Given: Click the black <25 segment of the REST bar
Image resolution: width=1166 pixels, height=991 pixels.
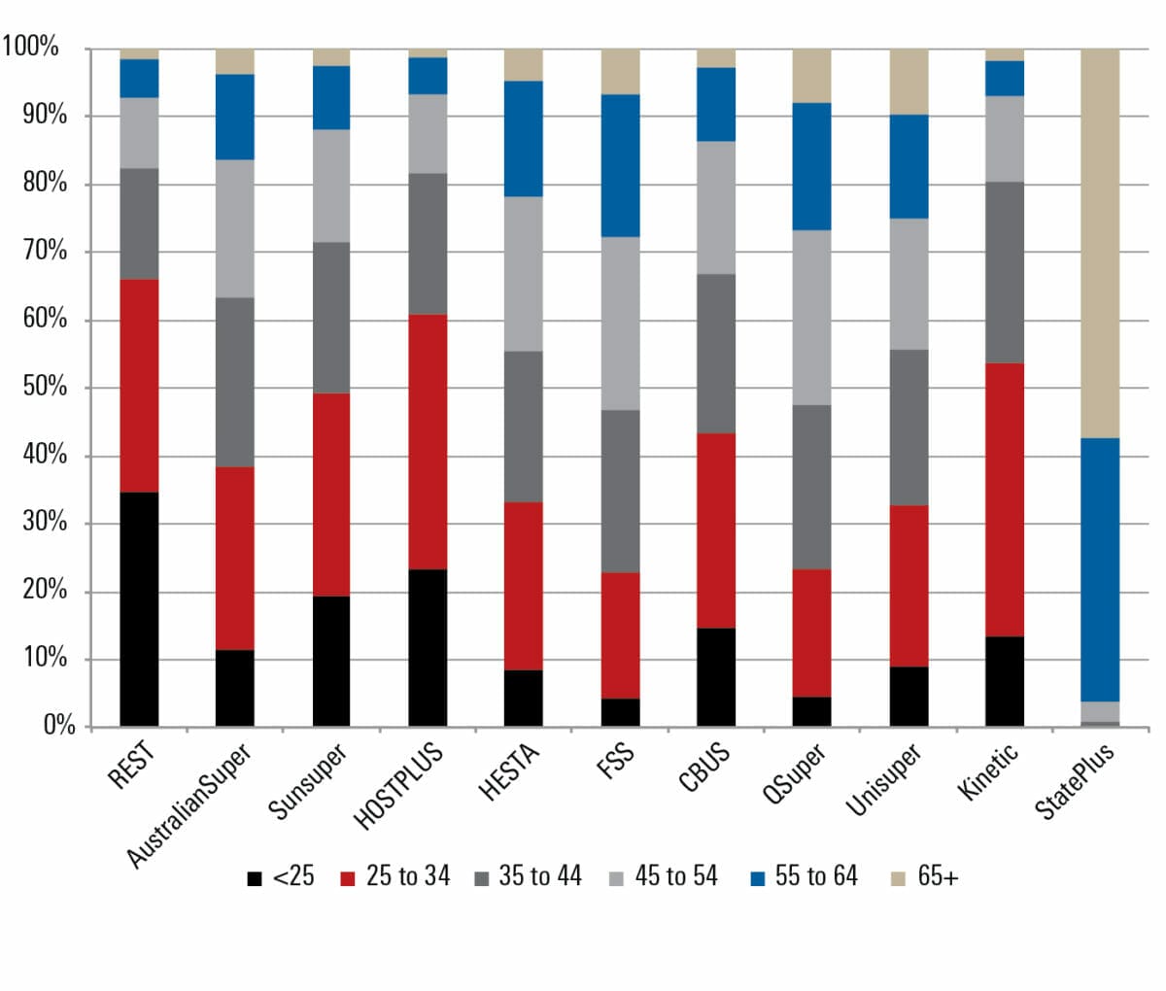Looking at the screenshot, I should coord(139,609).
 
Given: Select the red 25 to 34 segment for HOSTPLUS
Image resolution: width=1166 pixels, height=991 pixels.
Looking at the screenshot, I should coord(428,442).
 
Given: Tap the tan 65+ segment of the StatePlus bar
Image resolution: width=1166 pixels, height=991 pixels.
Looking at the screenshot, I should coord(1100,243).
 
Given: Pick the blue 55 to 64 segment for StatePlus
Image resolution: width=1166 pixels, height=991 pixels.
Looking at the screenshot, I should coord(1100,569).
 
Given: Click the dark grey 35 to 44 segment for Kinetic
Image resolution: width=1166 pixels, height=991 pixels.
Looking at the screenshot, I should coord(1004,272).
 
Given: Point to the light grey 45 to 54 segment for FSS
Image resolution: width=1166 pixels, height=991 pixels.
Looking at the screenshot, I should coord(620,324).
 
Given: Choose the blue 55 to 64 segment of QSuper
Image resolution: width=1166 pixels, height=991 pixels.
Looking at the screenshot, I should coord(811,166).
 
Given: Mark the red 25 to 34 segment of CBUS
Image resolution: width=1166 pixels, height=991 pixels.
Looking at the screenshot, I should coord(716,530).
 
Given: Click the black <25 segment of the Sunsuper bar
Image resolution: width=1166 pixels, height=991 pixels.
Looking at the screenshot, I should coord(331,661).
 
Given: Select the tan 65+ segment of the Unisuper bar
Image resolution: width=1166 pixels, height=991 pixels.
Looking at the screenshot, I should coord(909,82).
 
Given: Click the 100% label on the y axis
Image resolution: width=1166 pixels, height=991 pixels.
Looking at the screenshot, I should coord(31,47).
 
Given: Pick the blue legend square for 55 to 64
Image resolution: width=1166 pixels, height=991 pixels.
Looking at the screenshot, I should coord(758,878).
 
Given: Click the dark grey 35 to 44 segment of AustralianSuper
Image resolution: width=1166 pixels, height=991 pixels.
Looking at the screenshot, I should coord(235,382).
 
